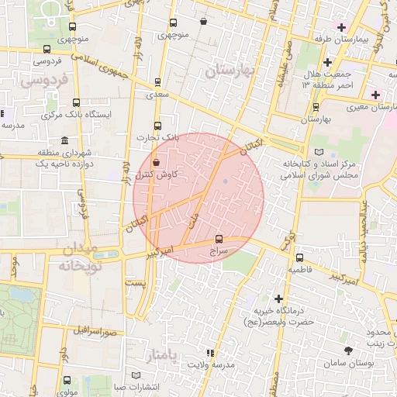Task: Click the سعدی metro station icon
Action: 158,81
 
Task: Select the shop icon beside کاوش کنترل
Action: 157,164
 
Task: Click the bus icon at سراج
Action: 219,239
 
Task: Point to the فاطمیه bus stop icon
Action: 299,257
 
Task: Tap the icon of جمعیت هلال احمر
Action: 327,61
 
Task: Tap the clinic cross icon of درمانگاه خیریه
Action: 278,299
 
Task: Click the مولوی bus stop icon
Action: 67,381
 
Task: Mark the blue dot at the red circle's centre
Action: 226,182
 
